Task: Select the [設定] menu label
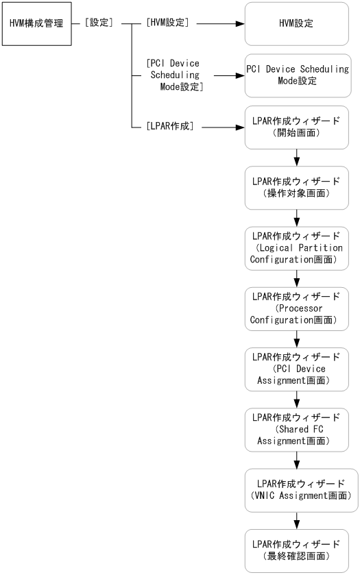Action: point(99,23)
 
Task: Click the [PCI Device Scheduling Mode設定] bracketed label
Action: point(175,74)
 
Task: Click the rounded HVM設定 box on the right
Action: point(297,23)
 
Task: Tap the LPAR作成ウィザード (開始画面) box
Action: point(297,127)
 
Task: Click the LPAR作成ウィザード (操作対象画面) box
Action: point(297,187)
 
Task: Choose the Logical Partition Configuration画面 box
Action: point(297,247)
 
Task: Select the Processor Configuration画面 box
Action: point(297,307)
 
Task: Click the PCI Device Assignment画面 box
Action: point(297,368)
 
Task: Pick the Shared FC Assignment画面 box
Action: point(297,428)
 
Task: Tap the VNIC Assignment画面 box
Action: point(297,489)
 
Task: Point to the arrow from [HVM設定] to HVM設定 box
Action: point(219,23)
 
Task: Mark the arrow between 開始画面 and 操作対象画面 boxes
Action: point(297,157)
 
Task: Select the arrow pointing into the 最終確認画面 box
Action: point(297,519)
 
